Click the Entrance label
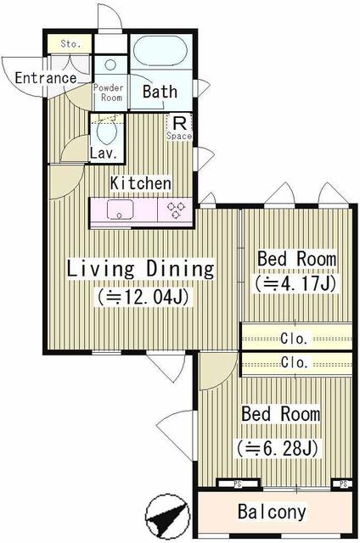point(46,78)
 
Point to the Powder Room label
point(110,92)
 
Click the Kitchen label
point(141,183)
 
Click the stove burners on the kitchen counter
point(176,210)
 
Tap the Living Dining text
point(140,269)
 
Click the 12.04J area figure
point(142,297)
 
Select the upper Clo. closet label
point(295,338)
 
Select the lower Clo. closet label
point(295,362)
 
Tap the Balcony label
point(272,512)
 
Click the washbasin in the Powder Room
point(110,67)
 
